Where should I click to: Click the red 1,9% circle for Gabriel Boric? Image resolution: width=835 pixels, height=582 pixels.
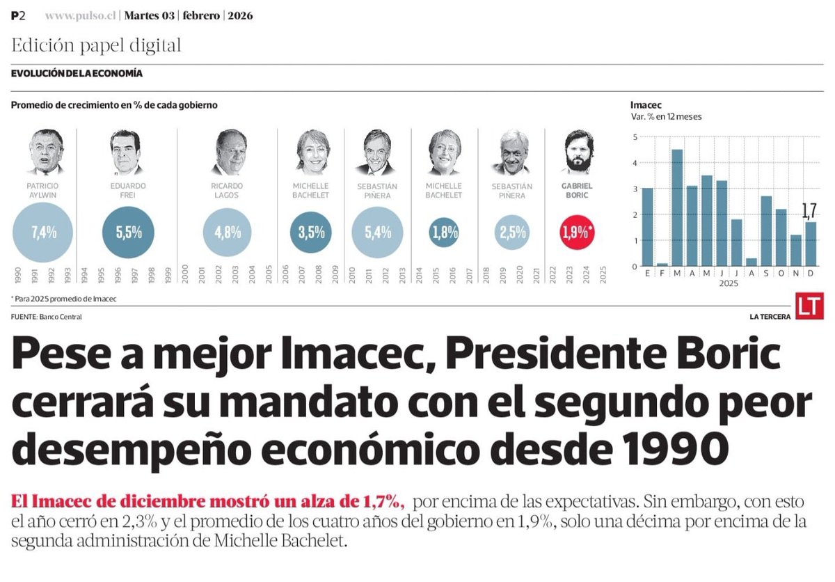(x=578, y=233)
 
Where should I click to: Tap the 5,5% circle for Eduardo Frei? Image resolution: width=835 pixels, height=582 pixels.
(x=129, y=233)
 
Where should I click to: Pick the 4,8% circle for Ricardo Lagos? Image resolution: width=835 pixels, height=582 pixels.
(x=228, y=233)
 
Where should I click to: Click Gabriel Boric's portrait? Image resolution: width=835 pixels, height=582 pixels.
(x=577, y=152)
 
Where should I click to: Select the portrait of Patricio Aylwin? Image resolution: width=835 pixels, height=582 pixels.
(x=46, y=152)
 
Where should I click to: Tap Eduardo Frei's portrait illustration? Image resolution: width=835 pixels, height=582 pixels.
(x=125, y=152)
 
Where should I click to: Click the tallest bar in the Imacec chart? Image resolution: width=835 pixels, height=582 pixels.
(x=676, y=207)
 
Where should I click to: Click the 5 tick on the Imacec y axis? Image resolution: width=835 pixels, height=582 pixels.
(x=634, y=136)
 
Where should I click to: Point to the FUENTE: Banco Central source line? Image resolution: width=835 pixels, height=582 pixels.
(x=46, y=317)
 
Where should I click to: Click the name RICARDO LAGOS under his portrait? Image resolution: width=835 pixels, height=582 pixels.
(x=227, y=191)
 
